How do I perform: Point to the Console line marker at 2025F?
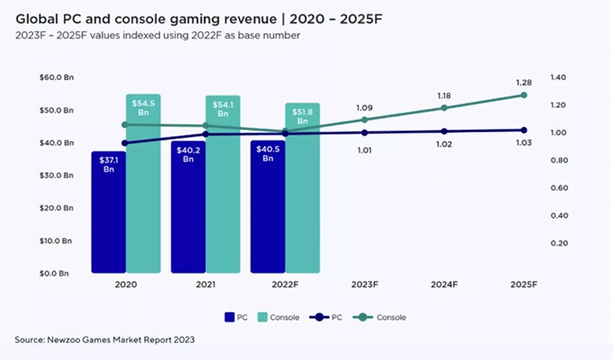(x=523, y=95)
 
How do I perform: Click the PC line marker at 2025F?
(x=523, y=130)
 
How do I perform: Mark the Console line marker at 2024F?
(x=444, y=108)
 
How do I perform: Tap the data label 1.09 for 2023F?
(x=364, y=108)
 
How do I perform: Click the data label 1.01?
(x=364, y=148)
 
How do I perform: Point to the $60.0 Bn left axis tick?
(x=56, y=78)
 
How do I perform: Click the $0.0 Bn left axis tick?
(x=56, y=273)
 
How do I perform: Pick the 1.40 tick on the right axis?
(x=559, y=78)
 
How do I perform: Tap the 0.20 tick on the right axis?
(x=559, y=243)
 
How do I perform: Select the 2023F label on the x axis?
(x=364, y=284)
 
